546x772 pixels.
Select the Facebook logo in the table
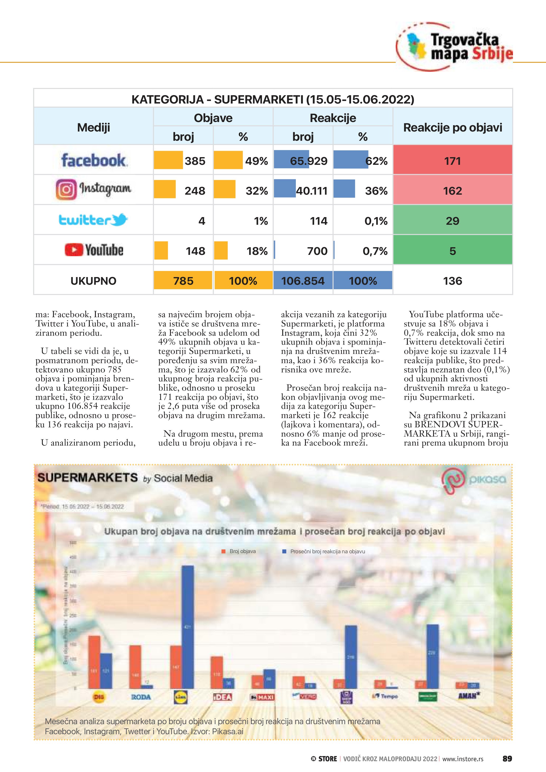[94, 160]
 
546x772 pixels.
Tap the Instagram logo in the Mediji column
[94, 190]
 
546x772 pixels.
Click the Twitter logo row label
[94, 220]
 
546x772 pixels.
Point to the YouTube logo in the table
[94, 250]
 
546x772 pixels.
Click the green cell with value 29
[452, 221]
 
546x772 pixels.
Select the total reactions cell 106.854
[303, 280]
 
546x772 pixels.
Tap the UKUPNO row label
[94, 280]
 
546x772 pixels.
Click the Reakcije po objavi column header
[452, 127]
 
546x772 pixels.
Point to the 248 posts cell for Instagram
[183, 190]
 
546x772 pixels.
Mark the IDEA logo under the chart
[223, 697]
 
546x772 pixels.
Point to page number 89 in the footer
[507, 759]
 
